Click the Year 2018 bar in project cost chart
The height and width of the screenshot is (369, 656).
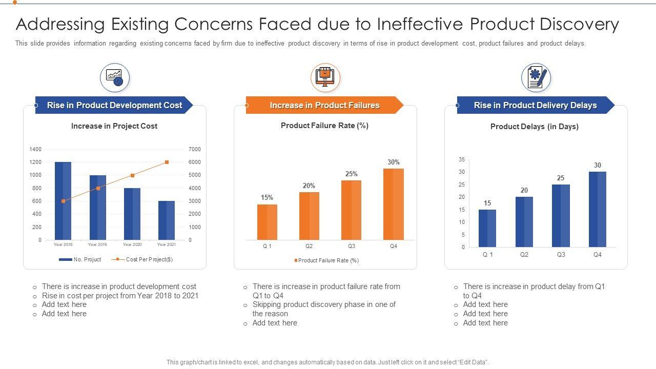coord(63,200)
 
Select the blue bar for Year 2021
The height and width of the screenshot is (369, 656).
coord(167,220)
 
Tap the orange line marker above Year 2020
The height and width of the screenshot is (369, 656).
coord(132,175)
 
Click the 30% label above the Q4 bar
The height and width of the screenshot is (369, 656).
coord(393,162)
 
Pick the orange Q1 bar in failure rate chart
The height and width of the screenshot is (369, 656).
coord(267,222)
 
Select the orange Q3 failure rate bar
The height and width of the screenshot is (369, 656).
coord(351,210)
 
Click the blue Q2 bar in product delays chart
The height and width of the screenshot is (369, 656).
coord(524,222)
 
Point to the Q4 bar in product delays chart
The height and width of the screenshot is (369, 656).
coord(598,209)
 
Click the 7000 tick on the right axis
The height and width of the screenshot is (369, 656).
coord(195,149)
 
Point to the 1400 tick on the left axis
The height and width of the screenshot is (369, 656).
coord(35,149)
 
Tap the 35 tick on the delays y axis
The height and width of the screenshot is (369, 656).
coord(462,159)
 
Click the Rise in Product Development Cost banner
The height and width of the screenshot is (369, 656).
coord(114,105)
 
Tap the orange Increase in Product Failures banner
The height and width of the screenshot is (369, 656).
coord(324,105)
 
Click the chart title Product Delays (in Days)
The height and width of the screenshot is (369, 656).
coord(535,127)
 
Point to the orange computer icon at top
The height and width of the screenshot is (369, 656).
coord(325,78)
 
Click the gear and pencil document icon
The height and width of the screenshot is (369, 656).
coord(536,78)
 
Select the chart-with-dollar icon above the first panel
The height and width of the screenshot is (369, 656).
coord(115,78)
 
